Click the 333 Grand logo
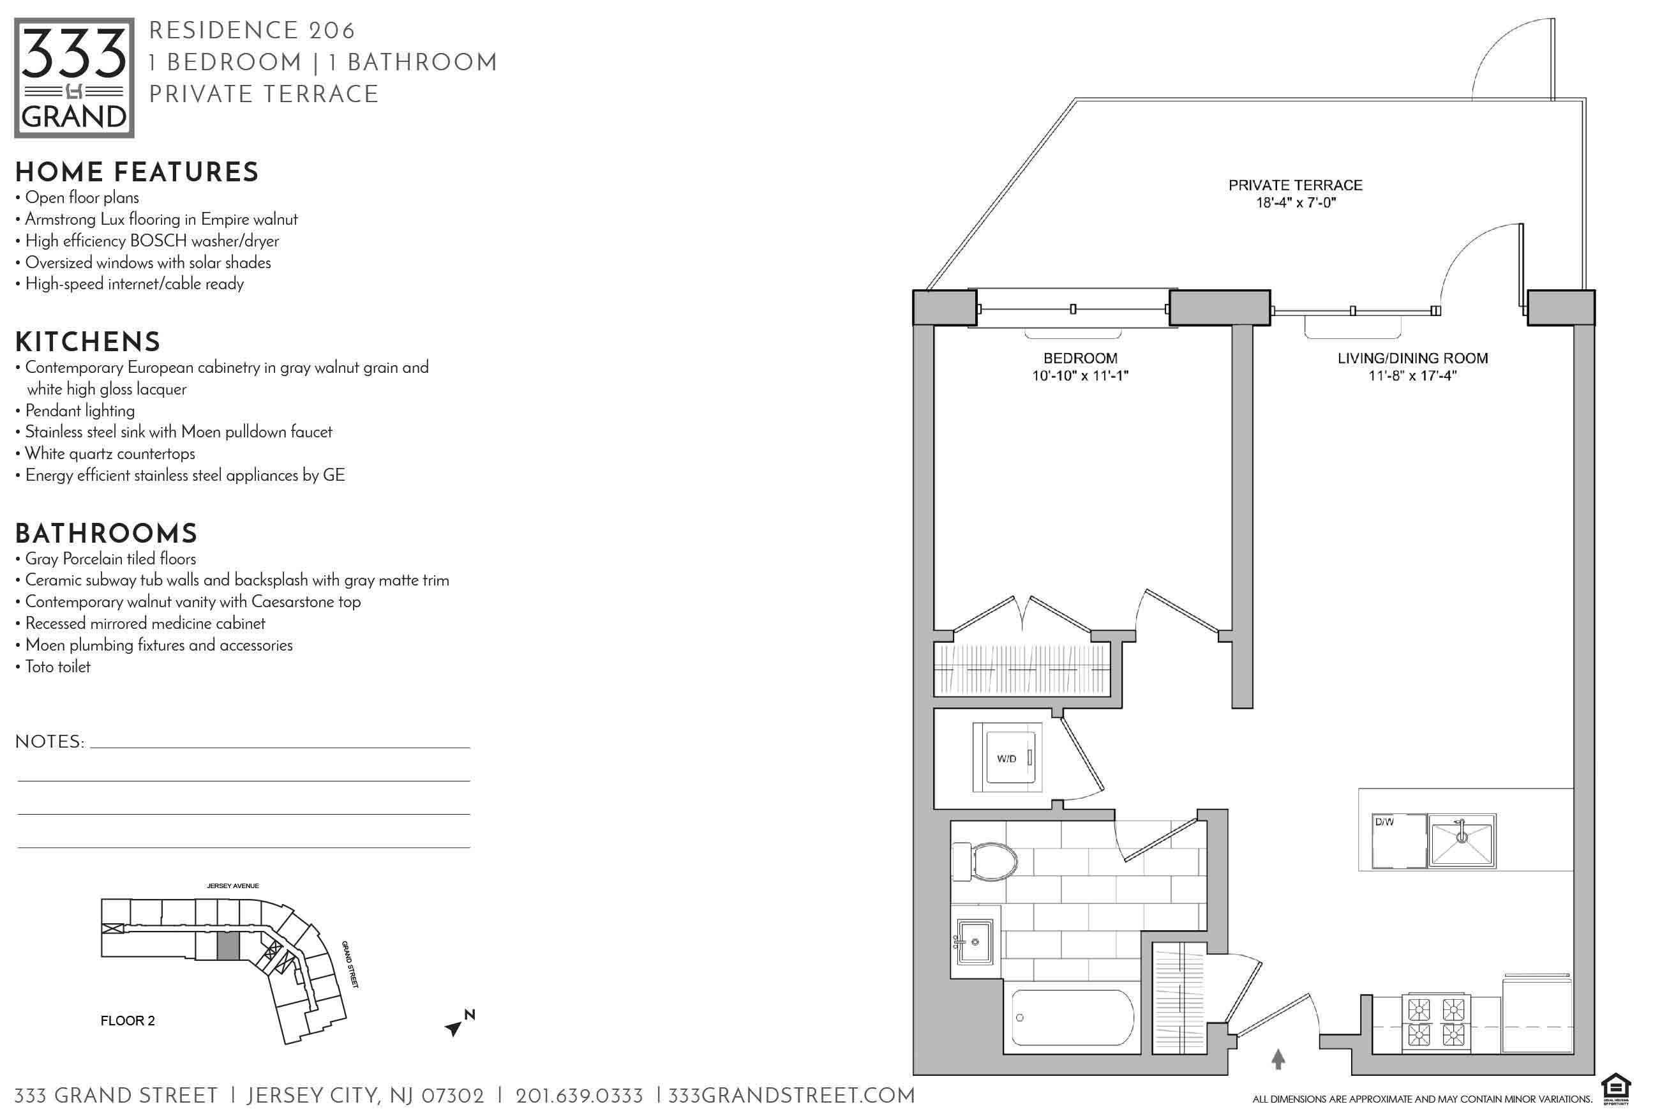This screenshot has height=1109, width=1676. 74,78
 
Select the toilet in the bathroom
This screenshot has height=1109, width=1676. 985,861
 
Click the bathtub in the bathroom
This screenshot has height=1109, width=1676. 1072,1018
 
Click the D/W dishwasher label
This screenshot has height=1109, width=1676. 1384,822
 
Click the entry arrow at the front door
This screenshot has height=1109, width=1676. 1278,1059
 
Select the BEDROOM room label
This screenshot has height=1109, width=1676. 1080,358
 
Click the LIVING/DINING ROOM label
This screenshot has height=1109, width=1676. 1412,358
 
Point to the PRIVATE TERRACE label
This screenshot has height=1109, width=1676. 1295,185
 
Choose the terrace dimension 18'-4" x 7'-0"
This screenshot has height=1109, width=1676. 1296,203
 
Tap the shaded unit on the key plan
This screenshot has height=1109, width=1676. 228,946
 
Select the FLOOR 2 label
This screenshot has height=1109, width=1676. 127,1021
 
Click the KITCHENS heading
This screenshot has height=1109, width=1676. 87,342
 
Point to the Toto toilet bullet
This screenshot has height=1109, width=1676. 53,667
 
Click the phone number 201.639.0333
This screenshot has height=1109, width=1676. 579,1096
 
